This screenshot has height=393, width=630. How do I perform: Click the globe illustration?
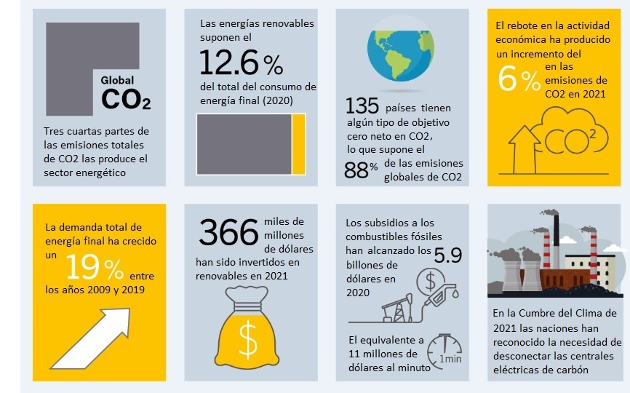[402, 47]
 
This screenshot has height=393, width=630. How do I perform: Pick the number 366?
[229, 234]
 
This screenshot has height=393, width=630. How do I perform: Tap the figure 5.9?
[447, 255]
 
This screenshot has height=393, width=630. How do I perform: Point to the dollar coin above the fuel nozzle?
[430, 280]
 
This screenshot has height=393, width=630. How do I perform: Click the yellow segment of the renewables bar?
[298, 144]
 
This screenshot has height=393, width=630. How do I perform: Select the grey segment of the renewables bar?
[244, 144]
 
